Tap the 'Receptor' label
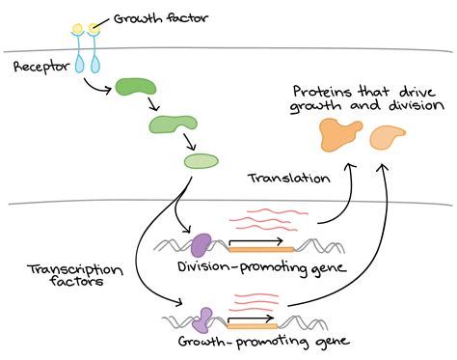point(40,68)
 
